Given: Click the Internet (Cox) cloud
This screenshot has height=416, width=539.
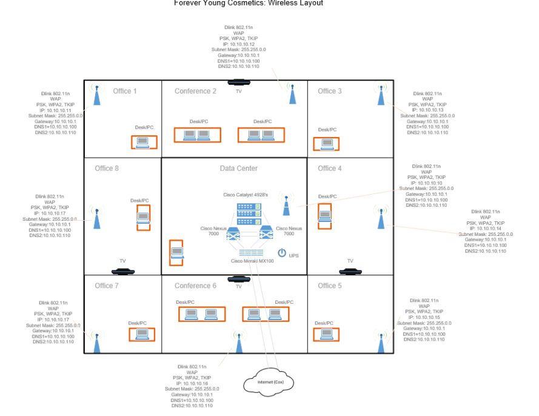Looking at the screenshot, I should click(269, 382).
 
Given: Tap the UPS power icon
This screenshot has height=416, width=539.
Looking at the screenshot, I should click(282, 253).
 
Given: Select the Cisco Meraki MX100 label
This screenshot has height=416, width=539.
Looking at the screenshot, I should click(252, 261).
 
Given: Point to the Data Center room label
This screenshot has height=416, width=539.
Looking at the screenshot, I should click(238, 169).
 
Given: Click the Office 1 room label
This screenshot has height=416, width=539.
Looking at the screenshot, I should click(125, 91).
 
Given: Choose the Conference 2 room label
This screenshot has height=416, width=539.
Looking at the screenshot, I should click(195, 91).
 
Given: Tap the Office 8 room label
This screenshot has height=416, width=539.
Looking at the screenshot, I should click(107, 169).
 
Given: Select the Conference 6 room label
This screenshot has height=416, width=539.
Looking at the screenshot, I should click(195, 286).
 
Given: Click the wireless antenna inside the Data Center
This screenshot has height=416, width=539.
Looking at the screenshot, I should click(286, 205).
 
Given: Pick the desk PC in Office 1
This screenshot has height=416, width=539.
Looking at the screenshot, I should click(143, 143).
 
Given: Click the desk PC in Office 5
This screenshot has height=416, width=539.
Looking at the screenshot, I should click(326, 334).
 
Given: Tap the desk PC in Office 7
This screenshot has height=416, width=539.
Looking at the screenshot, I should click(142, 334).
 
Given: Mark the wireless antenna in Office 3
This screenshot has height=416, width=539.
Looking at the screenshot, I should click(381, 94).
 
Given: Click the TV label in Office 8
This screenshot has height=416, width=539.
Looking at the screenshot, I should click(122, 261).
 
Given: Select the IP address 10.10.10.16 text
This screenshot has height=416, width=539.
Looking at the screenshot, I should click(192, 383).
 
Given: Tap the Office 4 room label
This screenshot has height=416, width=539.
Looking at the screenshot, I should click(330, 169).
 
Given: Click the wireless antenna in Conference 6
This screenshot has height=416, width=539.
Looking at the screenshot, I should click(238, 343).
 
